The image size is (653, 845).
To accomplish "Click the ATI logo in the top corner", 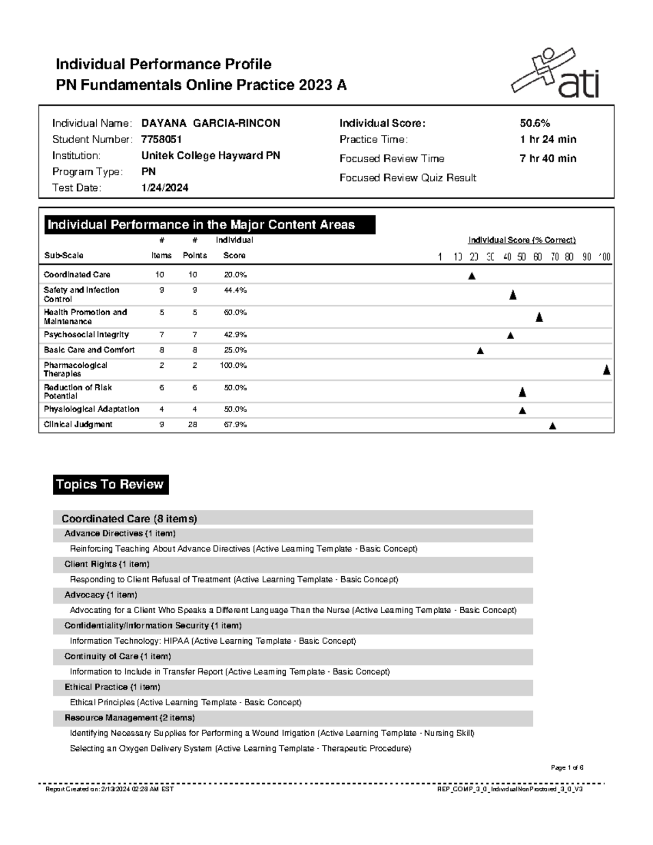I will click(x=555, y=74).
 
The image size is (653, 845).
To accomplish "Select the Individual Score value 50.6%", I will click(x=535, y=124).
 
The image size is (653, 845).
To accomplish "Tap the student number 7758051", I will click(x=162, y=140).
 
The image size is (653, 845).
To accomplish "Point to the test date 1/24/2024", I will click(x=165, y=188).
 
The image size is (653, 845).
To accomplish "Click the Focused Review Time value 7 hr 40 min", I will click(x=548, y=159).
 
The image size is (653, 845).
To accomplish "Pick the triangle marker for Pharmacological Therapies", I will click(x=606, y=371).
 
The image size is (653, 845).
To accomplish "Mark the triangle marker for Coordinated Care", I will click(x=472, y=276).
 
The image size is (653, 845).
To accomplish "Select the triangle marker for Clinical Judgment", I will click(x=552, y=426).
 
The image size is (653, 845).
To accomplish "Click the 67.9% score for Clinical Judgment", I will click(x=235, y=424).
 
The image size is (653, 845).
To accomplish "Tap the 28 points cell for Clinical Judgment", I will click(x=193, y=424).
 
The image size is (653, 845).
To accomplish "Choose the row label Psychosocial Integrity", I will click(x=86, y=335).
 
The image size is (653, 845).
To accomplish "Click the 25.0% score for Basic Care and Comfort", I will click(x=235, y=350).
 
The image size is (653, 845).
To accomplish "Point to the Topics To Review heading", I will click(x=110, y=484).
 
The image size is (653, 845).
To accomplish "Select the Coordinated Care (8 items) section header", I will click(x=129, y=519).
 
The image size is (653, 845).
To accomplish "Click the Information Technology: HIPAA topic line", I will click(x=213, y=641).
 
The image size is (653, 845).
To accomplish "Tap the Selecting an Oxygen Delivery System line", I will click(x=240, y=749).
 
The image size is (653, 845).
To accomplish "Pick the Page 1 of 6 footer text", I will click(x=566, y=768).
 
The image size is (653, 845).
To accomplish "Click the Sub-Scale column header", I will click(x=63, y=255).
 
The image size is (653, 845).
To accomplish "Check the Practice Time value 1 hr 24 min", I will click(x=548, y=140).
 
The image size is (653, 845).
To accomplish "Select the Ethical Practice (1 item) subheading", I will click(x=112, y=687).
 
